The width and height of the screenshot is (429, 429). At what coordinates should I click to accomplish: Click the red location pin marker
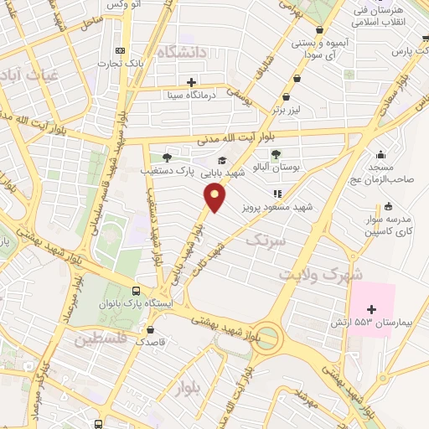click(215, 198)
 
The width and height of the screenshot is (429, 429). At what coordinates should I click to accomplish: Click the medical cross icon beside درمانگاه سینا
click(192, 82)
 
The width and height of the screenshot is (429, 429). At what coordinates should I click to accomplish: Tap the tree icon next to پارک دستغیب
click(166, 157)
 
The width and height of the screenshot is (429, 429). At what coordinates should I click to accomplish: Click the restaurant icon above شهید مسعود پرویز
click(277, 193)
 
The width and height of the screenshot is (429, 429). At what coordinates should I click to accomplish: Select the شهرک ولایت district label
click(322, 275)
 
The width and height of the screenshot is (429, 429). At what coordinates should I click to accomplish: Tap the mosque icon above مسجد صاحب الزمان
click(381, 153)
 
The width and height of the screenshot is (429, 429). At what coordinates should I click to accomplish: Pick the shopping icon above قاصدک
click(150, 329)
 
